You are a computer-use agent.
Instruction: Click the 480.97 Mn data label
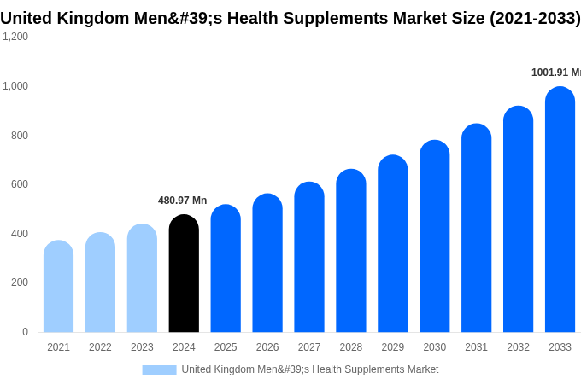click(x=182, y=201)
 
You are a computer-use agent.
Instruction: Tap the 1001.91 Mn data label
click(x=555, y=73)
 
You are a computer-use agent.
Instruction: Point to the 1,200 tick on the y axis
click(x=15, y=37)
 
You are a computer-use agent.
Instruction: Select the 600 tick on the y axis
click(x=19, y=184)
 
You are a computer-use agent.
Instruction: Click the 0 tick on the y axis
click(x=25, y=332)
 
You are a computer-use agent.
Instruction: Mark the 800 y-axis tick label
click(x=19, y=135)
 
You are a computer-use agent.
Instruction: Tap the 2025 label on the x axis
click(x=226, y=347)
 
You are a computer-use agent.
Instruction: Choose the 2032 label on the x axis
click(x=518, y=347)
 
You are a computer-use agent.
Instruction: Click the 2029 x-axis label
click(x=393, y=347)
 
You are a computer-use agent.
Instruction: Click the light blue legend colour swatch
click(x=159, y=369)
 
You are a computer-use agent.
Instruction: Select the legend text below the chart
click(x=309, y=369)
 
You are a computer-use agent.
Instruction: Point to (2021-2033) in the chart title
click(x=534, y=18)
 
